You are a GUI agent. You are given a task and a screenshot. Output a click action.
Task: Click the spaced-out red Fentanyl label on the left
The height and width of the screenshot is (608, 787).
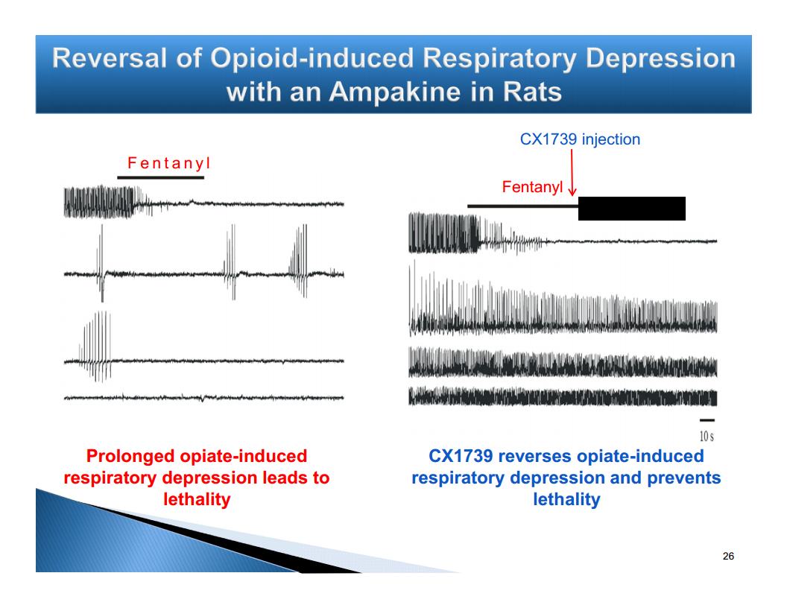coord(168,163)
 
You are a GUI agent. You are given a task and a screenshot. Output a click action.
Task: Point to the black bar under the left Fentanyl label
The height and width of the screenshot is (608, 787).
coord(161,177)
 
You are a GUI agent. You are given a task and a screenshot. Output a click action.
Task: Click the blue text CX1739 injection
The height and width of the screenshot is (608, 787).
coord(580,139)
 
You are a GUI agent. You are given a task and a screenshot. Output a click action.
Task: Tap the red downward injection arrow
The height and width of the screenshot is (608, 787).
coord(572,172)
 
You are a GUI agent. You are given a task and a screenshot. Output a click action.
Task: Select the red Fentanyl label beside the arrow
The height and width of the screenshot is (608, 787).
coord(532,186)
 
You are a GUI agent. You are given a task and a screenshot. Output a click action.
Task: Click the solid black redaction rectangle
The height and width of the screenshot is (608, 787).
coord(632,208)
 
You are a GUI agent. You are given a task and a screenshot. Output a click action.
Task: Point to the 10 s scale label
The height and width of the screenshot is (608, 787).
coord(707,436)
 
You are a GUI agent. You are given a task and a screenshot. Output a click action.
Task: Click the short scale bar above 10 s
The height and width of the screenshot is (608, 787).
coord(707,420)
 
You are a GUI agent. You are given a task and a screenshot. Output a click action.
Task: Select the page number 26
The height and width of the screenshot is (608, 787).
coord(728,556)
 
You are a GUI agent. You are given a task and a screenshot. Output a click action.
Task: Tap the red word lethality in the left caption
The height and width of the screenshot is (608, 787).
coord(197,499)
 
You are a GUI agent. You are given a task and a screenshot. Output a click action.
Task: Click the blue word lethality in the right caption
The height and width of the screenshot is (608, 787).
coord(566,499)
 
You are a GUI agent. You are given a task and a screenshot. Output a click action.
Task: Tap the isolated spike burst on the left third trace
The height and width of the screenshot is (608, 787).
coord(95,346)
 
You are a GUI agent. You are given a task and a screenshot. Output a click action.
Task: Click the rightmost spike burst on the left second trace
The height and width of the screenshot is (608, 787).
coord(299,261)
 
